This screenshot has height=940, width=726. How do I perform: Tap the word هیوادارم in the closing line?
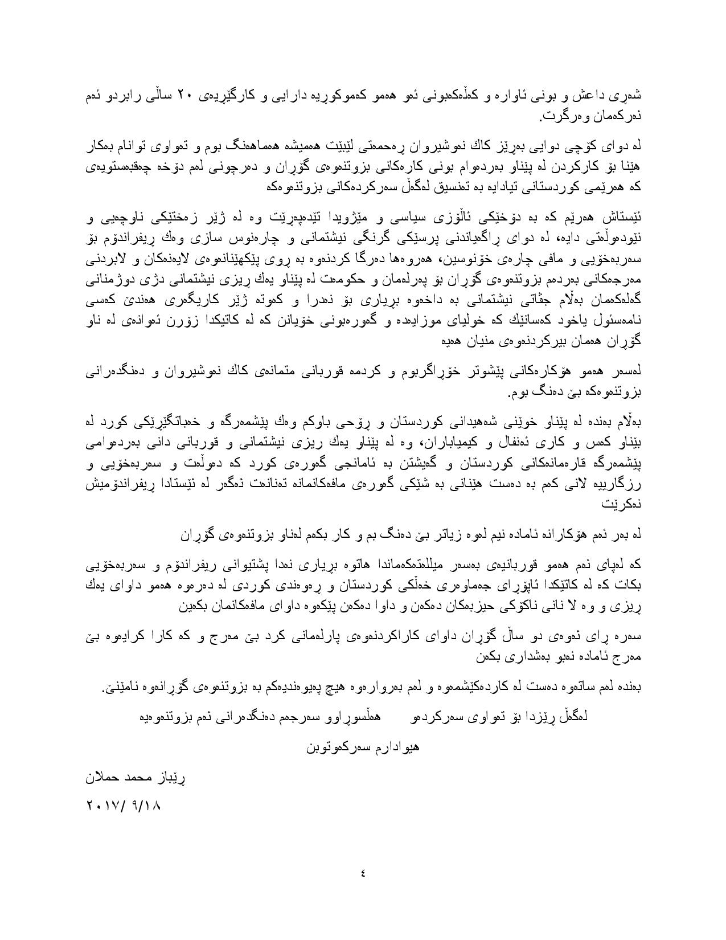[x=393, y=746]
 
